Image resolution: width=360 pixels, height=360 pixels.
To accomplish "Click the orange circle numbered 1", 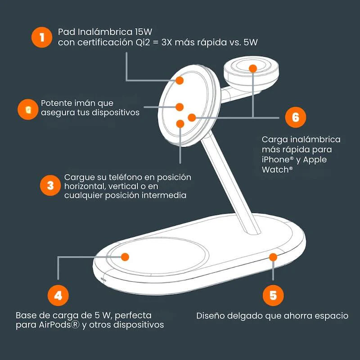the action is pyautogui.click(x=42, y=37).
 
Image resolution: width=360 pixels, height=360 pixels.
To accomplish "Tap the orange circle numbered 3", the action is pyautogui.click(x=50, y=185).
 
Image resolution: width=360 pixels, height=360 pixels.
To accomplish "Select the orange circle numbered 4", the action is pyautogui.click(x=58, y=295).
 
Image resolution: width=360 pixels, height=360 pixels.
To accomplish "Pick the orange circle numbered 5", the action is pyautogui.click(x=273, y=295).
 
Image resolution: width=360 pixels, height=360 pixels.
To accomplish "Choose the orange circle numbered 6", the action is pyautogui.click(x=296, y=117).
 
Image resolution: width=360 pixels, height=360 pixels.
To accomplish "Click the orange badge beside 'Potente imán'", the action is pyautogui.click(x=28, y=109).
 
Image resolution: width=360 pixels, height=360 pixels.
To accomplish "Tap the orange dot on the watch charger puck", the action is pyautogui.click(x=253, y=68).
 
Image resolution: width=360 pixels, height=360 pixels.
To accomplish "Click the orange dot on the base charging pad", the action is pyautogui.click(x=125, y=257).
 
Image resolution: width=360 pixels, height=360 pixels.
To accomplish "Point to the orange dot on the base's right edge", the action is pyautogui.click(x=273, y=257).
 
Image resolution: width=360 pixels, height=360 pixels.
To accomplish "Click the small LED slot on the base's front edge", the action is pyautogui.click(x=103, y=279).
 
